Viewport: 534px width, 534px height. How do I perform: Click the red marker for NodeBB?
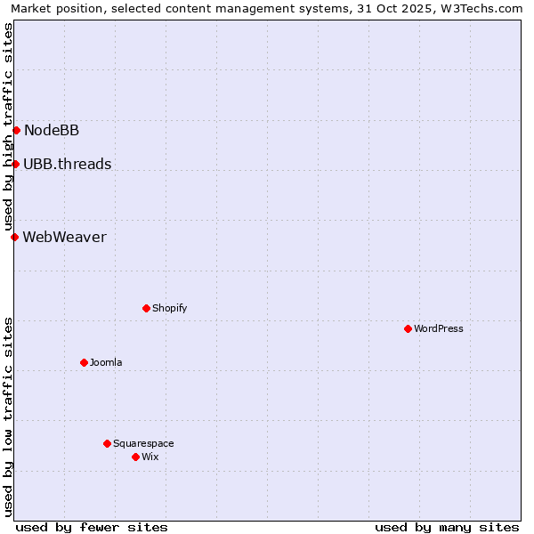[16, 131]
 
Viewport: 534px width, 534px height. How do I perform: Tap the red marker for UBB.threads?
[15, 164]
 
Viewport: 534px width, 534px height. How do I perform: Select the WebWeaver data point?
[14, 237]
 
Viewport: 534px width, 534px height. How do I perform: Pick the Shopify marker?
[146, 308]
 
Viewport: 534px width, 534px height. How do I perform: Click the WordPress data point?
[408, 328]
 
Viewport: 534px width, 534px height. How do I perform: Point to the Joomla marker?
[84, 362]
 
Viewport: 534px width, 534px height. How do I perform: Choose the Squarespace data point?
[107, 443]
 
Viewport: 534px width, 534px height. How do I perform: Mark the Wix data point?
[135, 457]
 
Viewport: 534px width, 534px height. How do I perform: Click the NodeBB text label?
[52, 131]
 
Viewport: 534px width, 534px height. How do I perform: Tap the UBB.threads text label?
[68, 164]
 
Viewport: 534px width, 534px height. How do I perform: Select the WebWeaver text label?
[64, 237]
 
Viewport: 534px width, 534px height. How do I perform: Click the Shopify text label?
[169, 308]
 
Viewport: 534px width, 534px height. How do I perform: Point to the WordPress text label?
[439, 328]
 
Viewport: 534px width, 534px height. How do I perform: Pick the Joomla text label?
[106, 362]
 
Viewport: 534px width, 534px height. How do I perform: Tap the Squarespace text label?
[143, 443]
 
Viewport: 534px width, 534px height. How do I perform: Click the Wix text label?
[150, 457]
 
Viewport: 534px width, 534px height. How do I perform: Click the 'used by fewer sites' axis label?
[92, 527]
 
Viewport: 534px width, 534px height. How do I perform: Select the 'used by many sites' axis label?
[447, 527]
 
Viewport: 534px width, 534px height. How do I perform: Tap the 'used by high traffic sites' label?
[8, 126]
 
